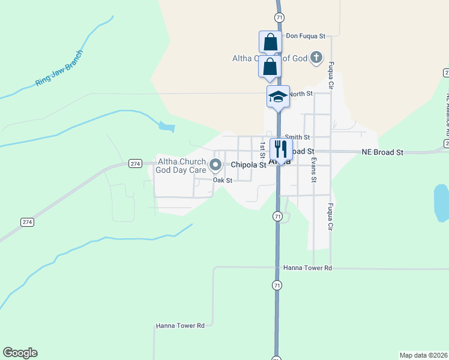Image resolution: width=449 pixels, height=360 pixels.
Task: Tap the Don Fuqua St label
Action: (x=306, y=36)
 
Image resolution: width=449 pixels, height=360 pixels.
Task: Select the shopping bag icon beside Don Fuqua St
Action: (x=270, y=43)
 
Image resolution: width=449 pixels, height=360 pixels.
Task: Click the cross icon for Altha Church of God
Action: (x=316, y=58)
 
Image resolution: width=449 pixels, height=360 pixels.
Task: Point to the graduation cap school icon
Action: (x=279, y=97)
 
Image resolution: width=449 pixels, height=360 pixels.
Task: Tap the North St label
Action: (x=301, y=94)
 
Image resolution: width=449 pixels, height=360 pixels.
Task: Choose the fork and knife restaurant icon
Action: (x=280, y=149)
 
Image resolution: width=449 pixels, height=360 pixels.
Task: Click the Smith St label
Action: (x=297, y=137)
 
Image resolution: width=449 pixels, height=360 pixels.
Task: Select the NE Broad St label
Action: (x=382, y=152)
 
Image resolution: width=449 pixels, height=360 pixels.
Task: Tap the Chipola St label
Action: (x=249, y=164)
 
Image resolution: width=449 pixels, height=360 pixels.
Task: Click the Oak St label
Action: (x=222, y=180)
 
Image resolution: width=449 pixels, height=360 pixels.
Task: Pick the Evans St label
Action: (x=313, y=170)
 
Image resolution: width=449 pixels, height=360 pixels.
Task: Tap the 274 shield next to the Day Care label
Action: (x=134, y=164)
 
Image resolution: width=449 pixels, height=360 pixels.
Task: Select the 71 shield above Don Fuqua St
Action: (x=279, y=18)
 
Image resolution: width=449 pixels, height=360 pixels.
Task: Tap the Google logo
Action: (x=20, y=353)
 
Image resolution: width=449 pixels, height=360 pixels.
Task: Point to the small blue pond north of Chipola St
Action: (x=166, y=127)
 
